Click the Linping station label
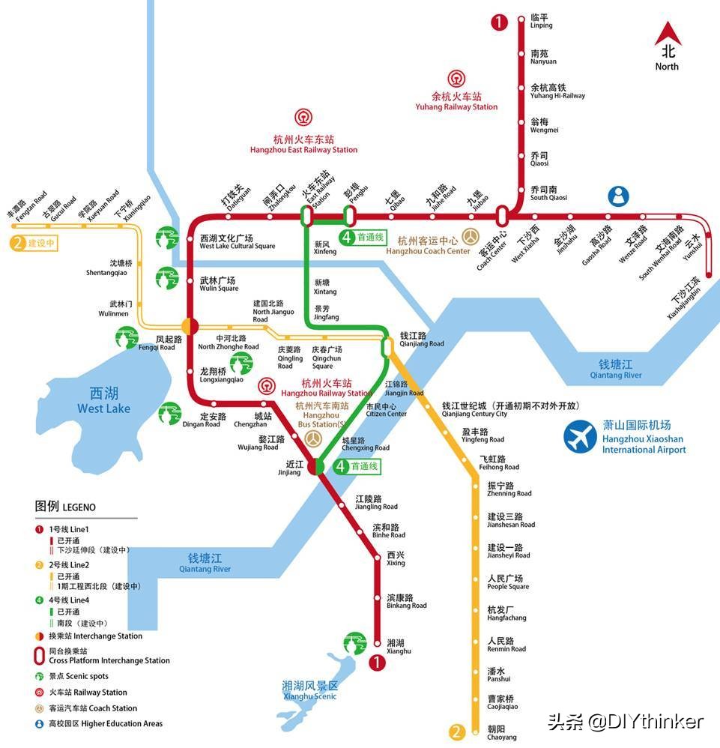[541, 21]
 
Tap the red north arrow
[667, 34]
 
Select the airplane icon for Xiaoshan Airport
[581, 438]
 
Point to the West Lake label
[103, 401]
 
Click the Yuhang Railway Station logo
[456, 79]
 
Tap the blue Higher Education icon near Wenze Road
[618, 196]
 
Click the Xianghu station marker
[378, 642]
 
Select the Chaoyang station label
[502, 732]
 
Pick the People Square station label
[508, 582]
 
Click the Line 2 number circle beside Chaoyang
[455, 732]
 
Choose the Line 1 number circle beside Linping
[499, 22]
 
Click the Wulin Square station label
[219, 284]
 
